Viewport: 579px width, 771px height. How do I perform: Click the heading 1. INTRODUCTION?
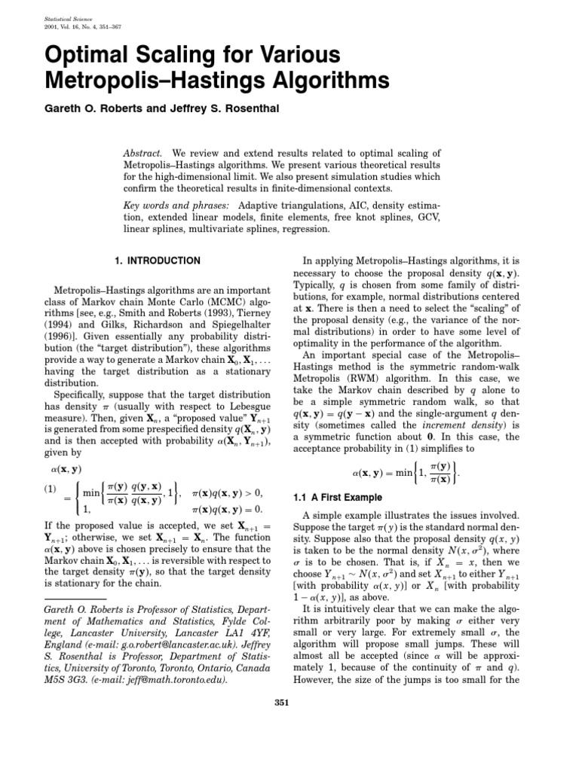point(157,261)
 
